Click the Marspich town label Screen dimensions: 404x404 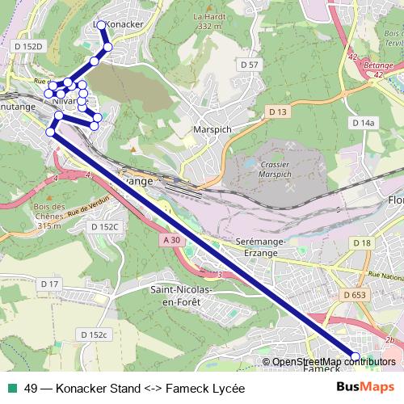pyautogui.click(x=213, y=128)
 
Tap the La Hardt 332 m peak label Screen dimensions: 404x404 pyautogui.click(x=208, y=21)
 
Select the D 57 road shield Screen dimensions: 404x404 pyautogui.click(x=249, y=64)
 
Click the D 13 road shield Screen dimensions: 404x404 pyautogui.click(x=279, y=111)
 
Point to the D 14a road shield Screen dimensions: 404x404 pyautogui.click(x=364, y=123)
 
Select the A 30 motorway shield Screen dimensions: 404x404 pyautogui.click(x=170, y=241)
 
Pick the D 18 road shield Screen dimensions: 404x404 pyautogui.click(x=361, y=243)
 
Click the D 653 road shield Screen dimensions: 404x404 pyautogui.click(x=354, y=297)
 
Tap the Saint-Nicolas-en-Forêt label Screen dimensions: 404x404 pyautogui.click(x=181, y=294)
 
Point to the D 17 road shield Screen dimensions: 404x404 pyautogui.click(x=50, y=284)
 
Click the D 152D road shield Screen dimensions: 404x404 pyautogui.click(x=27, y=47)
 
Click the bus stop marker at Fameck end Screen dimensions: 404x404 pyautogui.click(x=356, y=356)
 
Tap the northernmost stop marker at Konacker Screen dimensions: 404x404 pyautogui.click(x=102, y=25)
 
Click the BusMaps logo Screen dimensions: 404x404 pyautogui.click(x=367, y=388)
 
